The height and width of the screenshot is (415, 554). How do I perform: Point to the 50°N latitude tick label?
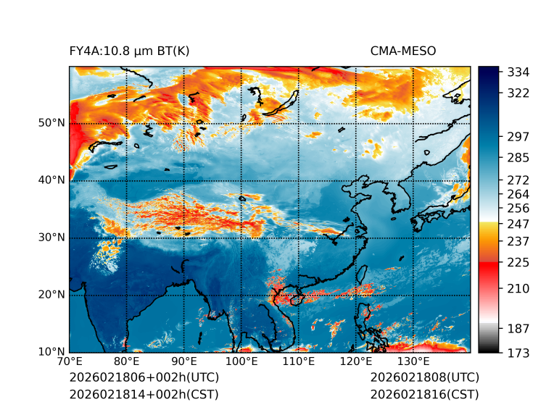point(51,123)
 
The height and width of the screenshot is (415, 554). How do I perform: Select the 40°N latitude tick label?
point(51,180)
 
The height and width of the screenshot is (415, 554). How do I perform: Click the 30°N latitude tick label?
point(51,238)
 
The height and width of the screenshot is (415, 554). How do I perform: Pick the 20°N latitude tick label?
point(51,295)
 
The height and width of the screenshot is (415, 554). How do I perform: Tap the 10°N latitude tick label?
point(51,352)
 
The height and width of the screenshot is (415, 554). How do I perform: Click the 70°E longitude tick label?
point(70,361)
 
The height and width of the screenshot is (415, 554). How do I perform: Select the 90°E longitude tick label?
point(184,361)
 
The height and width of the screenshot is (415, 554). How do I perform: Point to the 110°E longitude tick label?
point(299,361)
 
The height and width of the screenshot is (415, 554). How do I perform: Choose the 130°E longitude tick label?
point(413,361)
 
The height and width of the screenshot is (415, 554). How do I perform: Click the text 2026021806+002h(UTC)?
point(144,377)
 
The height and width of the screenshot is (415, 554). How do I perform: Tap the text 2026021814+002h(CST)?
point(144,394)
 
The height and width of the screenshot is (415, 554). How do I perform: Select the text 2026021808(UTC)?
point(424,377)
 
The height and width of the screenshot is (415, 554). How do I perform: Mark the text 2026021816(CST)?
point(424,394)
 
